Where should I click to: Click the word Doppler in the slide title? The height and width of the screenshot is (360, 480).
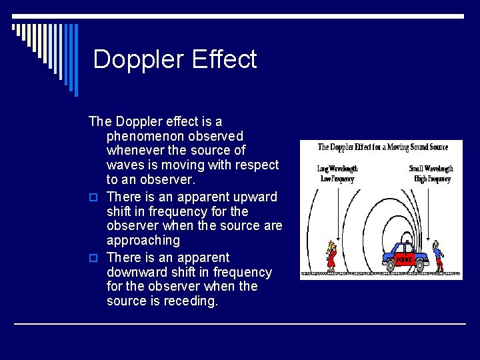click(x=138, y=59)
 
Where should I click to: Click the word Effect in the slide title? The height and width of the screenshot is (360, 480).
click(x=223, y=59)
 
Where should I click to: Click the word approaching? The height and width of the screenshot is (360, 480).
click(x=143, y=240)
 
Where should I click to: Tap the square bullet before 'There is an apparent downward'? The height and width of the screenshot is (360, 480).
click(x=93, y=258)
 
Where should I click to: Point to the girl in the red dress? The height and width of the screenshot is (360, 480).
click(x=331, y=257)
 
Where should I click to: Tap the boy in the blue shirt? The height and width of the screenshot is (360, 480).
click(x=437, y=256)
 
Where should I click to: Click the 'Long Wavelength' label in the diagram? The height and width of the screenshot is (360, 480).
click(x=337, y=169)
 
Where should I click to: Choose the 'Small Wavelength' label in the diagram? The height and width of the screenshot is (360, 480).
click(x=431, y=169)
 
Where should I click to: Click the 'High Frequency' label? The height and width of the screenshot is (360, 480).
click(x=432, y=179)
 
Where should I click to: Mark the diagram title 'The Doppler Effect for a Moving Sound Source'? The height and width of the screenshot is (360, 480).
click(x=383, y=147)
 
